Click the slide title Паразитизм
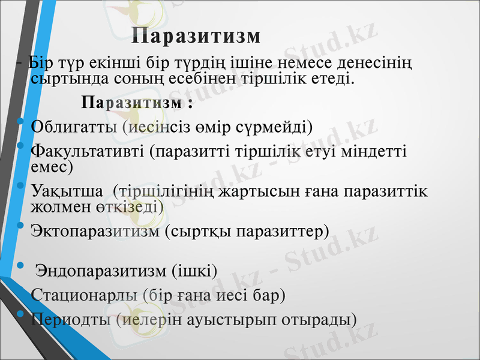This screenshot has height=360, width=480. [196, 35]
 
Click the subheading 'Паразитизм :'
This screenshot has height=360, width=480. [128, 103]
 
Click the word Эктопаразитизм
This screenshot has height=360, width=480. [95, 231]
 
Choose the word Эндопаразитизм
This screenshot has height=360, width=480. [98, 271]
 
